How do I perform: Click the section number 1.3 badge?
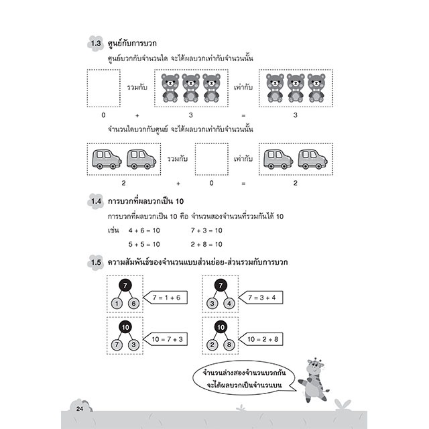95,44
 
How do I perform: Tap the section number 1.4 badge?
95,201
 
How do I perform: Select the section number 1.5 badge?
95,262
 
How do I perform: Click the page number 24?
80,409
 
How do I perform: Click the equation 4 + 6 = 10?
144,231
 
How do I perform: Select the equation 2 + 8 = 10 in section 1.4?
206,244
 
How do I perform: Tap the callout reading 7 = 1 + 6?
166,298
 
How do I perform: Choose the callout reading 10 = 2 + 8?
261,339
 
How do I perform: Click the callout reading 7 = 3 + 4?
261,298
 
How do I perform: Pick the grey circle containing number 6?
134,304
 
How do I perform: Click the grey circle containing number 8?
229,345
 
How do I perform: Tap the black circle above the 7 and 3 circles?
125,327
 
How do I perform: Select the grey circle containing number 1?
117,304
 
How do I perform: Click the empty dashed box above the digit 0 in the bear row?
104,88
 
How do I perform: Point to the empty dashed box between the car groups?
212,159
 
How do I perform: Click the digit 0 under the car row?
212,183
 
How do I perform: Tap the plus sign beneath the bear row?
137,115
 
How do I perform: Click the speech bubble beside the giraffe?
244,379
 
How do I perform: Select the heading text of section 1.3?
132,44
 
